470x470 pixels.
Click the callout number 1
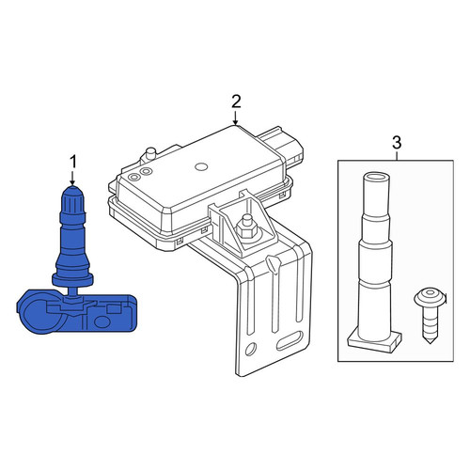click(x=72, y=163)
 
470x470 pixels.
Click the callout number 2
click(x=236, y=102)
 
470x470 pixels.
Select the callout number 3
click(x=397, y=143)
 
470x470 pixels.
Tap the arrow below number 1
click(x=72, y=178)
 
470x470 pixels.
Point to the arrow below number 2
click(x=236, y=117)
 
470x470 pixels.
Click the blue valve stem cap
click(x=72, y=198)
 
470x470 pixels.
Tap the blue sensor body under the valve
click(x=77, y=312)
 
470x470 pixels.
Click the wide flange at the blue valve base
click(x=72, y=279)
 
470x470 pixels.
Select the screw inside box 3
click(x=430, y=316)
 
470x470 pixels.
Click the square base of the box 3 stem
click(x=374, y=340)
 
